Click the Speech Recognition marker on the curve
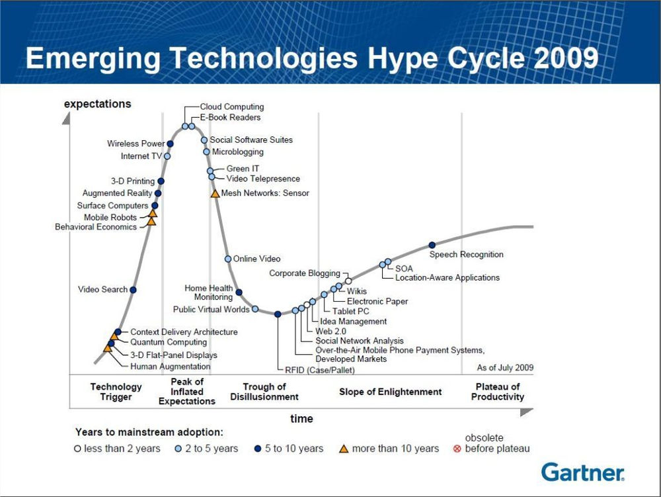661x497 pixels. (432, 246)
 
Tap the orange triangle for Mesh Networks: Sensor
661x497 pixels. (215, 193)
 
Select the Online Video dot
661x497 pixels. (228, 259)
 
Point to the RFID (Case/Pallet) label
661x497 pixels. (306, 370)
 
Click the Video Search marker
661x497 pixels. (134, 290)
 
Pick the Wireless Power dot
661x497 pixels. (170, 144)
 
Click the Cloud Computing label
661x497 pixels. (231, 107)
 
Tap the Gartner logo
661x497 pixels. (582, 472)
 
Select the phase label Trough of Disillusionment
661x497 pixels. (264, 392)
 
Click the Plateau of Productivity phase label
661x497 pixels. (498, 392)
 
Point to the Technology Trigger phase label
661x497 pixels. (116, 392)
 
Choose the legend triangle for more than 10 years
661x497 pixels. (344, 449)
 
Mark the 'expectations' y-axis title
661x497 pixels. (97, 104)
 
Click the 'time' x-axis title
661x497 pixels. (301, 418)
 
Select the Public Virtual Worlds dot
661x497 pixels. (255, 309)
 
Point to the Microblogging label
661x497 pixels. (237, 152)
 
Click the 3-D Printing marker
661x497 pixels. (161, 181)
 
